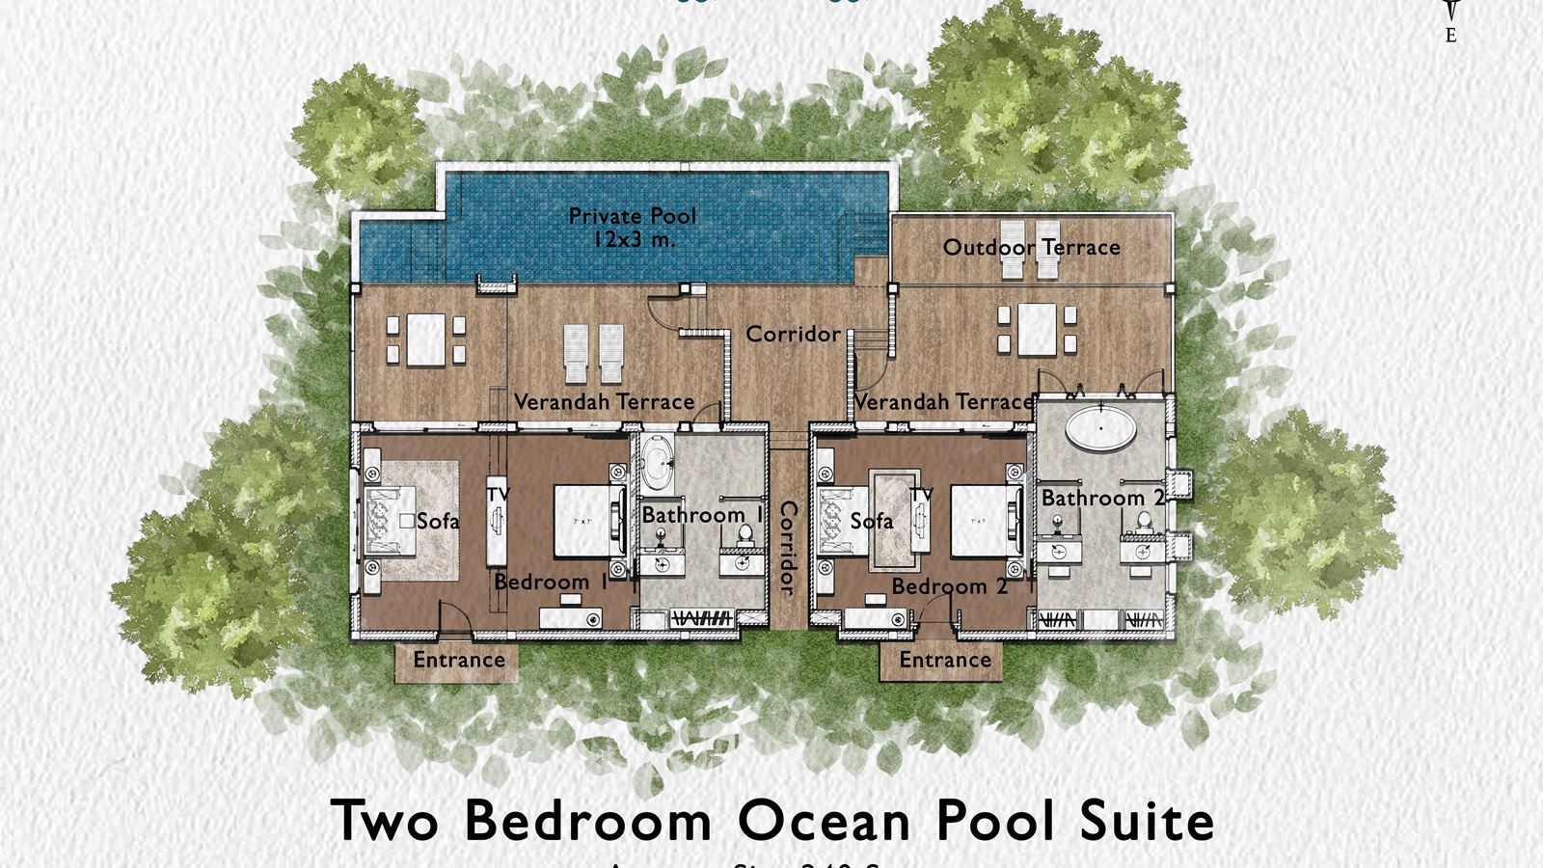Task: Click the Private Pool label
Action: pos(632,216)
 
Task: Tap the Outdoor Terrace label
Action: pos(1031,247)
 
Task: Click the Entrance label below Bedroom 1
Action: pos(459,660)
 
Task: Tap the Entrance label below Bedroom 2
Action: pos(945,660)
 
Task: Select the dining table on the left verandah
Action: pos(425,339)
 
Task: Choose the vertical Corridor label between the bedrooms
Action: pos(788,548)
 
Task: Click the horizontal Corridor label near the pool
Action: pos(793,334)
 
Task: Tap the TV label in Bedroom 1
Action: pos(498,494)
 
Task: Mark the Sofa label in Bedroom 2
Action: pos(871,521)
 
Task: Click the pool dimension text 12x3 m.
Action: pos(635,239)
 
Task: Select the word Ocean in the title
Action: pos(825,821)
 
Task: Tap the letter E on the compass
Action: pos(1451,36)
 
